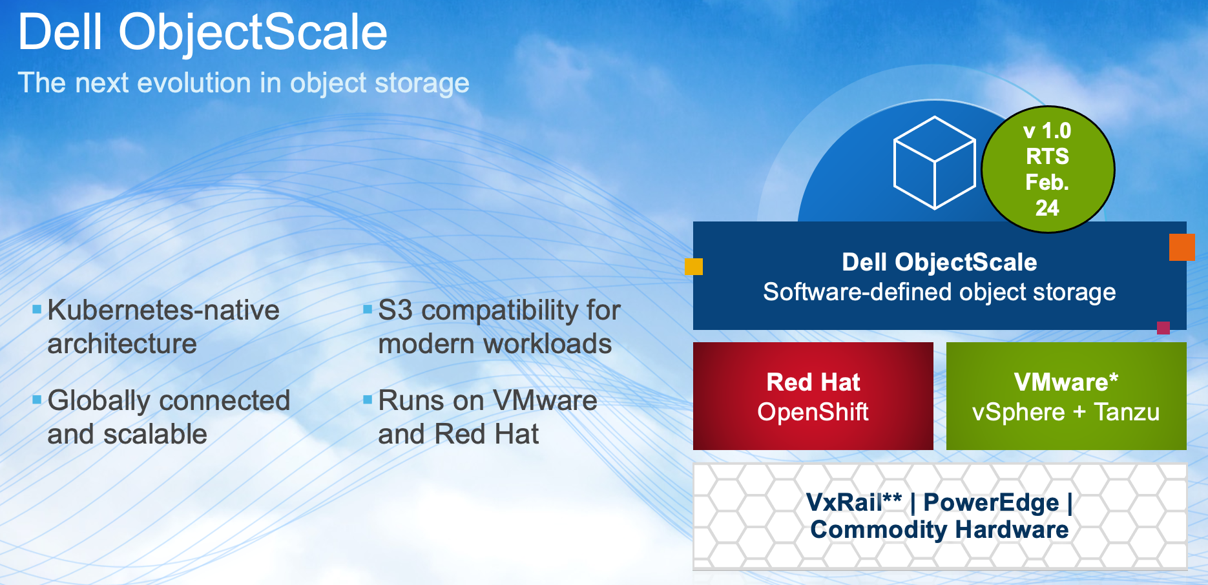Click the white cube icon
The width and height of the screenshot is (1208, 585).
click(x=934, y=163)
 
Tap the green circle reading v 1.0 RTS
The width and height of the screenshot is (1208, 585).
click(x=1048, y=169)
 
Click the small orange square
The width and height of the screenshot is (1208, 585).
click(x=1182, y=247)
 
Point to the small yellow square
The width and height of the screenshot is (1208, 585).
click(x=694, y=267)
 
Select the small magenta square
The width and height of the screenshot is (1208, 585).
click(x=1163, y=327)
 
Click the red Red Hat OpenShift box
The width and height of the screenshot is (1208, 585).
click(x=813, y=396)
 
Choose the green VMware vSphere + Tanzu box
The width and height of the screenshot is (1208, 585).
click(x=1066, y=396)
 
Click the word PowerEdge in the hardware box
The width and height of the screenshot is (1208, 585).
click(x=991, y=502)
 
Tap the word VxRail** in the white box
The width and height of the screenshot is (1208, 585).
click(x=854, y=502)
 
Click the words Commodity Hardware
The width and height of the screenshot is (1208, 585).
click(x=939, y=529)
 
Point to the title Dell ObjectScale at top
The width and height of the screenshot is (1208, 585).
click(x=203, y=32)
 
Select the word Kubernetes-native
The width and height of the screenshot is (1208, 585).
click(x=163, y=311)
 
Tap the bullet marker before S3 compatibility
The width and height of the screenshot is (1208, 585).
click(x=368, y=309)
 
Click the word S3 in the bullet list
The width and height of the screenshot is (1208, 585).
click(x=395, y=311)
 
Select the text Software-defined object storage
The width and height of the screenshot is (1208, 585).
click(x=939, y=292)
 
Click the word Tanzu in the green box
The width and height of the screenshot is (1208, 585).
click(x=1127, y=412)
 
